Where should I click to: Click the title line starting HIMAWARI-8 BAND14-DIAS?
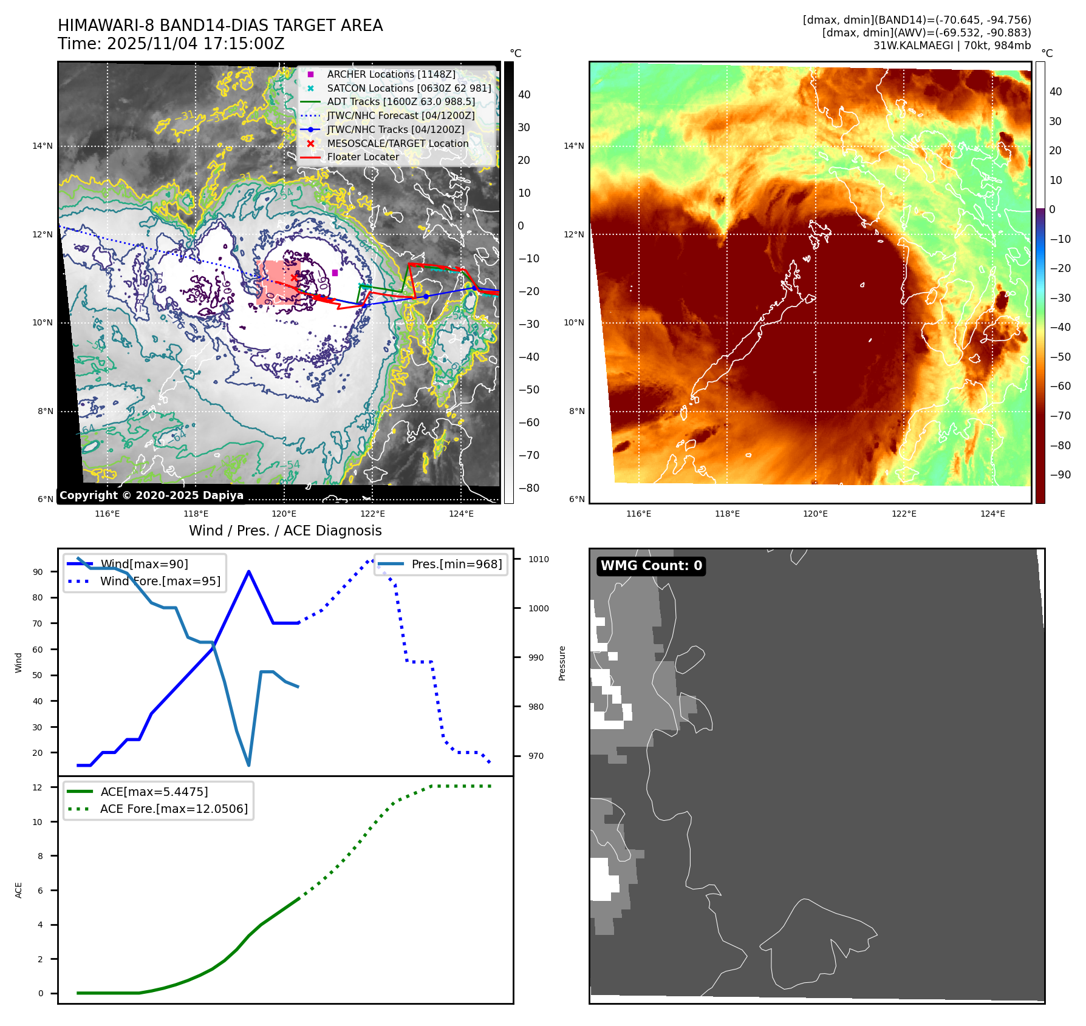[x=220, y=25]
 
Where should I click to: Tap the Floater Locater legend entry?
[x=363, y=157]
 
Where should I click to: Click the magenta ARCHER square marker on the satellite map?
[x=335, y=273]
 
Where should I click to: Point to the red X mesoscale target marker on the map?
[x=295, y=278]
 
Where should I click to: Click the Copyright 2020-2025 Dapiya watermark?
[x=151, y=495]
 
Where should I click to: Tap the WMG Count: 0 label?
[x=651, y=566]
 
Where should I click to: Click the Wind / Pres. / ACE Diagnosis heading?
[x=285, y=531]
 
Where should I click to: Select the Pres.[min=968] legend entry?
[x=456, y=564]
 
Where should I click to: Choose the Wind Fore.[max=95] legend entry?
[x=160, y=581]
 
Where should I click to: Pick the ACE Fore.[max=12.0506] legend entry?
[x=174, y=809]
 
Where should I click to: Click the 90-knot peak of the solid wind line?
[x=249, y=571]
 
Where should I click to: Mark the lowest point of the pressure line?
[x=249, y=765]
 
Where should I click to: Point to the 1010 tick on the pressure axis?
[x=538, y=559]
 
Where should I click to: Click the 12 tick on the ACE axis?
[x=38, y=787]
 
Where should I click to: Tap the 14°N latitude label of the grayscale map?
[x=43, y=146]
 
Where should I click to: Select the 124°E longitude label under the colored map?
[x=992, y=514]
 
